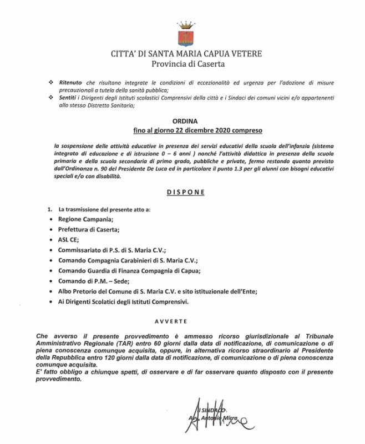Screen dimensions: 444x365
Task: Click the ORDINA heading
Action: tap(182, 120)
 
